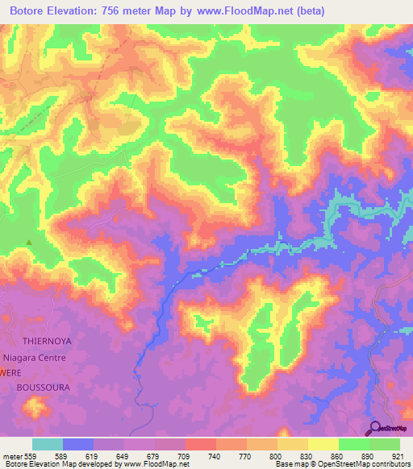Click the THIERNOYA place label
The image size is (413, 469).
(47, 341)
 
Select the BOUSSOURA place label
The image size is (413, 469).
(43, 388)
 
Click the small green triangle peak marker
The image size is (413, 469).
(31, 241)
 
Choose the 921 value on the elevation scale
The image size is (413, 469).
(399, 456)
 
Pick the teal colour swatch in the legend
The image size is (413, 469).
(48, 444)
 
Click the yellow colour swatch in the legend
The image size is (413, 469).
(323, 444)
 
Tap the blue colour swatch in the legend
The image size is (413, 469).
(78, 444)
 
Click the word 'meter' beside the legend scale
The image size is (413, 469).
(13, 456)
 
